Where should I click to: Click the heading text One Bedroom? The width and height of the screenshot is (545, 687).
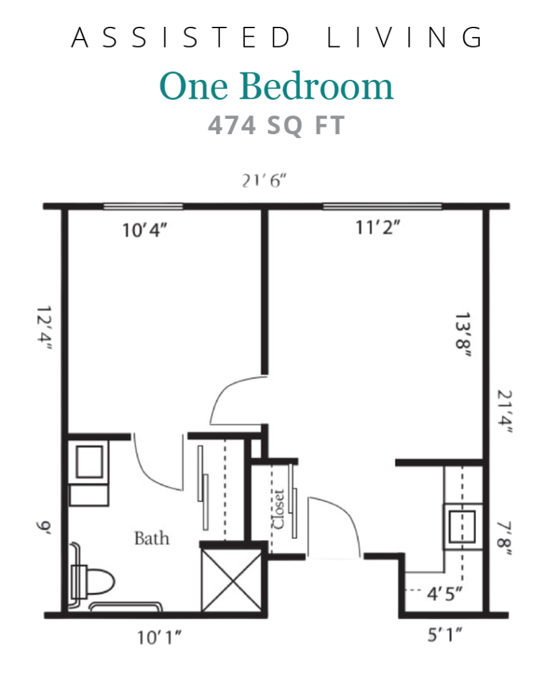click(276, 86)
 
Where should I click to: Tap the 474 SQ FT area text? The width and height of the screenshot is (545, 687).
click(276, 125)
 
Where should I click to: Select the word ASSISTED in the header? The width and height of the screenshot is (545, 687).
click(180, 38)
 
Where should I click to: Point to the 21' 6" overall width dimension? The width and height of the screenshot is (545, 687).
click(264, 180)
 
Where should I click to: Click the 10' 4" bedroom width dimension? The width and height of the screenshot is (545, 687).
click(144, 229)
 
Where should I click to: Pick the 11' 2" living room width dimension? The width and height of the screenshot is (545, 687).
click(377, 227)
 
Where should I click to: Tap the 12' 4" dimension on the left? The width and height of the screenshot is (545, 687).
click(44, 327)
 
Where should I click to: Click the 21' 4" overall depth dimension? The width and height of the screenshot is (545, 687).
click(504, 411)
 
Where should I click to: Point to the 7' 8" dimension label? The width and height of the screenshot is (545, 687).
click(504, 539)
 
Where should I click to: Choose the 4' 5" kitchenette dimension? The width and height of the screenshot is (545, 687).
click(444, 594)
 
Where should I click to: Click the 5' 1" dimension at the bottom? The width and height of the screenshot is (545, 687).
click(444, 635)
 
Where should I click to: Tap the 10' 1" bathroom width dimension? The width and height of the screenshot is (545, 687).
click(159, 637)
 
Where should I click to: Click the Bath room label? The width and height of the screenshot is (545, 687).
click(152, 538)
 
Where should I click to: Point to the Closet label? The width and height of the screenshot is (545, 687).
click(278, 509)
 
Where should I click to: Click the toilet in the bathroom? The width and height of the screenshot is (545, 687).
click(93, 582)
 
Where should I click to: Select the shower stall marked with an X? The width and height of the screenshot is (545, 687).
click(231, 580)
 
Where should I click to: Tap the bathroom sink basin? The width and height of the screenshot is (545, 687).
click(89, 462)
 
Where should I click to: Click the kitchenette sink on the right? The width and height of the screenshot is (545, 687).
click(463, 526)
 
